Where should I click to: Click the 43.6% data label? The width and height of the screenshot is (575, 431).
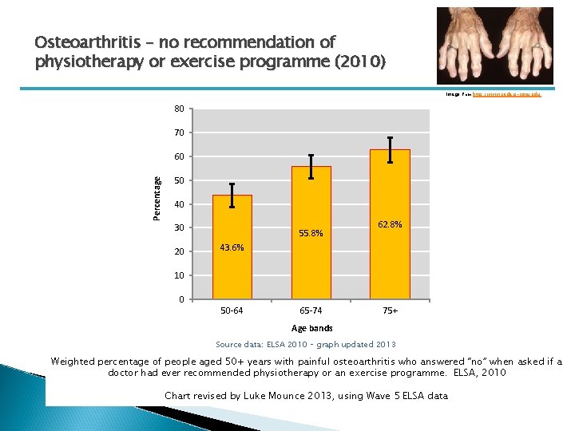[232, 247]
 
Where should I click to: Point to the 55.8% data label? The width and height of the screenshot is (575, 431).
[311, 233]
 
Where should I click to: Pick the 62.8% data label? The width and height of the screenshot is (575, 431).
[390, 225]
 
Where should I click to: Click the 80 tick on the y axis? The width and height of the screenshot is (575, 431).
[180, 109]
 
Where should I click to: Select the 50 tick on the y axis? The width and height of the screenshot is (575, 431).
[180, 180]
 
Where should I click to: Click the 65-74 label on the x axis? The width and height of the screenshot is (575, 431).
[311, 310]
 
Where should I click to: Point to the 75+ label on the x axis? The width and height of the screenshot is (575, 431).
[390, 310]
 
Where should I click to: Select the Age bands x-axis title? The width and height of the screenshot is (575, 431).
[311, 328]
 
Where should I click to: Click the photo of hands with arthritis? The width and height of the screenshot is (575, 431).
[494, 45]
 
